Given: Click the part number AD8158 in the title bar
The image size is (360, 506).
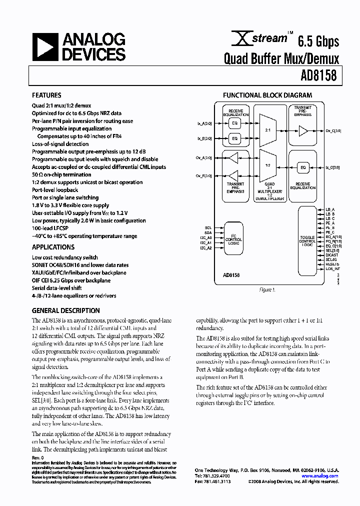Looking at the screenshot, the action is (x=322, y=76).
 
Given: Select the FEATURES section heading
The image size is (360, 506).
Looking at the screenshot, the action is (x=46, y=95).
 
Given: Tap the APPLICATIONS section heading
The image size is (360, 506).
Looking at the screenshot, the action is (x=53, y=247).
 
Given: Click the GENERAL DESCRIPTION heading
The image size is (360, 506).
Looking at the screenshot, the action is (x=66, y=310).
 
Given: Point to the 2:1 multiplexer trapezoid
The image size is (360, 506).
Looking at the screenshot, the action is (x=268, y=129).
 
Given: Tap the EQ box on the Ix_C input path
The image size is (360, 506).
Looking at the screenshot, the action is (x=302, y=167).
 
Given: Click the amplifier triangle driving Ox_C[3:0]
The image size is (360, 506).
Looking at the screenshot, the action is (x=302, y=131).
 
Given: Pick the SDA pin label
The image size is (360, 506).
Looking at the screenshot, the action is (x=208, y=232).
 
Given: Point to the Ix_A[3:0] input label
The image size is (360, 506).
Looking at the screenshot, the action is (x=204, y=122).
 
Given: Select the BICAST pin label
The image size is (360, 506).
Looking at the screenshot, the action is (x=331, y=254).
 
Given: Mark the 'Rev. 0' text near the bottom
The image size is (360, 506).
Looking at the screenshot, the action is (x=38, y=457).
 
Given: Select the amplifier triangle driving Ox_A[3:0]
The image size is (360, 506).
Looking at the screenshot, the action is (x=233, y=158).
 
